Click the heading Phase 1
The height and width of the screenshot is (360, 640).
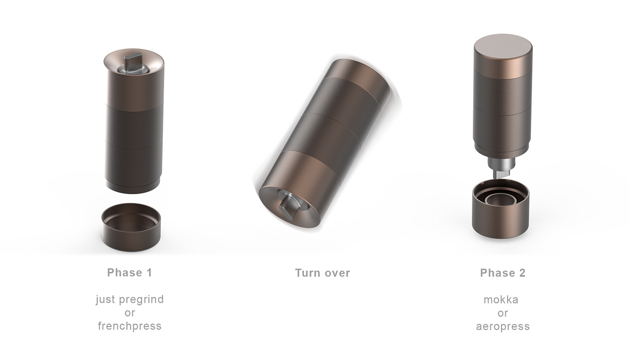[129, 273]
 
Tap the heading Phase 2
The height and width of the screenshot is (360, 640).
[502, 273]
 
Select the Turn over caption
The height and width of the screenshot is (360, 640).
[322, 273]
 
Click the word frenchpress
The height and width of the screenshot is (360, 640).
[129, 326]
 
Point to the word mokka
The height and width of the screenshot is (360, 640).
[501, 300]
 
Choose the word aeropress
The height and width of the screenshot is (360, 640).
[502, 326]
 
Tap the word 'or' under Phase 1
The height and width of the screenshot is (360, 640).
[129, 313]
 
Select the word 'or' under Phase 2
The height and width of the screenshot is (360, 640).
[502, 313]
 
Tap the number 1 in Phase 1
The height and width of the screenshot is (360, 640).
[149, 273]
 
